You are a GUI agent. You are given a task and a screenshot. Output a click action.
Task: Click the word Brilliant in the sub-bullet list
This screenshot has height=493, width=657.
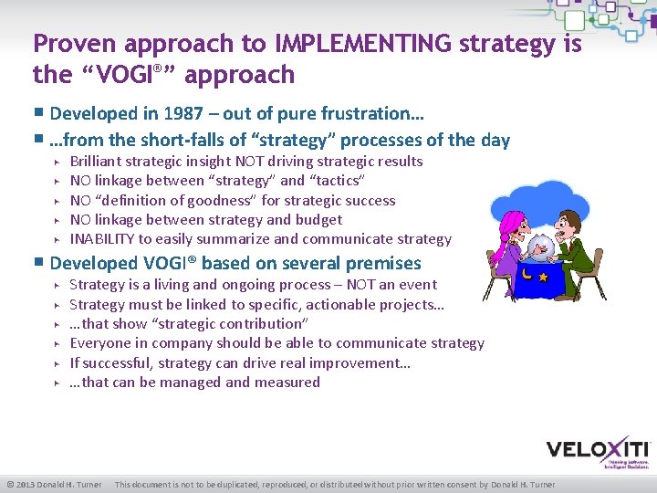[99, 162]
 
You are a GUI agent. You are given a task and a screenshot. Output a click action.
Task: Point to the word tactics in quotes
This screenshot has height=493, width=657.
[337, 181]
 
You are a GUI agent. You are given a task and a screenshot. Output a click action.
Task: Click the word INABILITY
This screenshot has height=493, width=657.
[102, 239]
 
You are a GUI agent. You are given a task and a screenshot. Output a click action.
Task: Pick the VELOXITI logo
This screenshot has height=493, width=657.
[598, 450]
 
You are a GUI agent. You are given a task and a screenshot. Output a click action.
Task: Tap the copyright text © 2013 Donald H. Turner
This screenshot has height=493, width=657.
[54, 484]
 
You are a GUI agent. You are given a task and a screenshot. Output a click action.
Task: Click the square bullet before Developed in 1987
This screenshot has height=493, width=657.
[38, 114]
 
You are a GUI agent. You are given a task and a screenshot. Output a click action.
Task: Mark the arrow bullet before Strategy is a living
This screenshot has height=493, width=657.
[57, 286]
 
